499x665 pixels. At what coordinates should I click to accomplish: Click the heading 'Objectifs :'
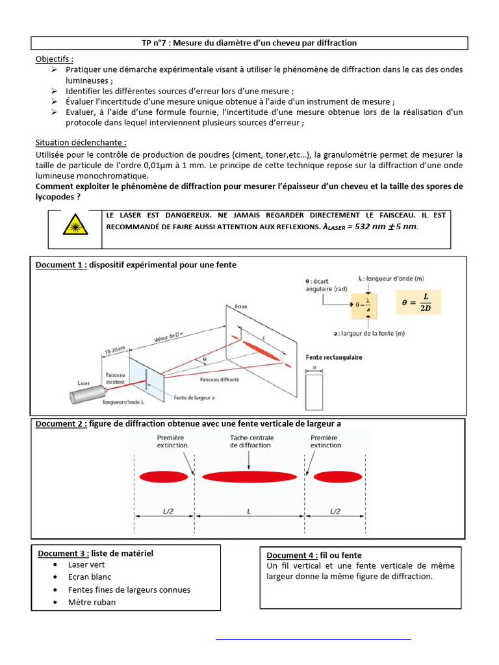coord(55,58)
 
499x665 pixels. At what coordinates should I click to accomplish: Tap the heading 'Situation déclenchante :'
coord(81,142)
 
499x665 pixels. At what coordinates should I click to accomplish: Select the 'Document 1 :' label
coord(61,265)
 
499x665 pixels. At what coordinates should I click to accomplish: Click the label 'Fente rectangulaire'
coord(333,357)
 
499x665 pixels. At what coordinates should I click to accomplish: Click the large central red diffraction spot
coord(250,477)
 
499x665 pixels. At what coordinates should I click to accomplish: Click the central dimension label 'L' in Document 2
coord(250,512)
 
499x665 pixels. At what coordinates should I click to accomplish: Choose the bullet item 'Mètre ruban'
coord(92,602)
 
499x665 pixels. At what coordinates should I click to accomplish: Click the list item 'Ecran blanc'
coord(90,577)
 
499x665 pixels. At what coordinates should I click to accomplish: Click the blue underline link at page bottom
coord(313,639)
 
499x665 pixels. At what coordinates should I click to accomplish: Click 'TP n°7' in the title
coord(157,43)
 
